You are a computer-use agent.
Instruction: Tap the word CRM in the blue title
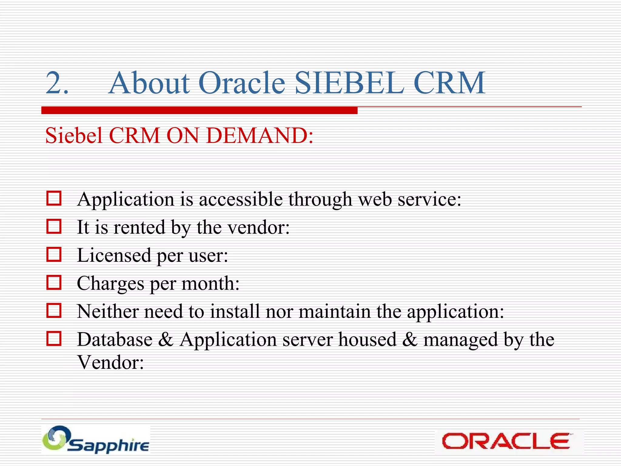[449, 83]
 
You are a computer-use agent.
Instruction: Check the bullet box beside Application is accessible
[54, 198]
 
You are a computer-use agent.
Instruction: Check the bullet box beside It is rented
[54, 226]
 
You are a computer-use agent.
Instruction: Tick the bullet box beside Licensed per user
[54, 254]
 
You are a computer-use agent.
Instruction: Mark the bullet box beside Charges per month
[54, 282]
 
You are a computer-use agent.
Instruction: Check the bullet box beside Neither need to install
[54, 310]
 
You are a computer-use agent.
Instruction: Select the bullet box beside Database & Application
[54, 338]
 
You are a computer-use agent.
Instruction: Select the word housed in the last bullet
[367, 339]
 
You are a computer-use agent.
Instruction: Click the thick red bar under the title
[199, 110]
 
